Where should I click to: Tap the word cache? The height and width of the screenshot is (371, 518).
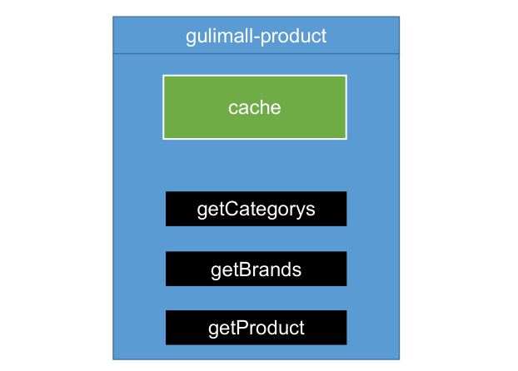click(x=254, y=107)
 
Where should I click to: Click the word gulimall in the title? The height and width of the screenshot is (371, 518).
click(x=213, y=37)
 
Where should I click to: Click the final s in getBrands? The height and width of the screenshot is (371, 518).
click(x=296, y=270)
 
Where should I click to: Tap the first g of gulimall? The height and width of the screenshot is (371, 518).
click(x=191, y=37)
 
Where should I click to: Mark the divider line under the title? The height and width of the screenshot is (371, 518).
click(x=256, y=54)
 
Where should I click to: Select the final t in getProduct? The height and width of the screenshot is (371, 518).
click(x=301, y=328)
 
